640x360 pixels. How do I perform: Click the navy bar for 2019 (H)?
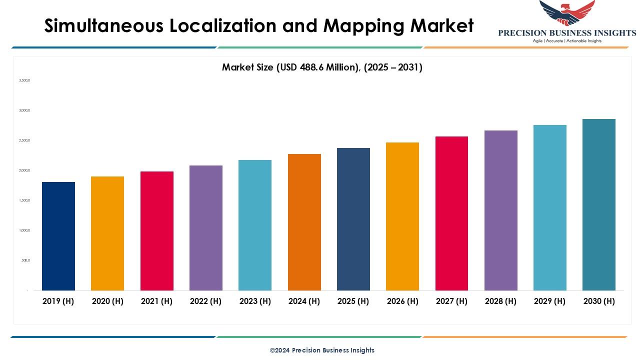pyautogui.click(x=58, y=236)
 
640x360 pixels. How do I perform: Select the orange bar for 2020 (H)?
pyautogui.click(x=107, y=233)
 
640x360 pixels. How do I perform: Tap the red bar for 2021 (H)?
pyautogui.click(x=157, y=230)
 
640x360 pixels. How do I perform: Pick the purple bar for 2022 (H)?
pyautogui.click(x=206, y=227)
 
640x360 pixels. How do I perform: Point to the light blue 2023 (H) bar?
pyautogui.click(x=255, y=225)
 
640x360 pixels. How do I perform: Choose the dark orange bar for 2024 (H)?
pyautogui.click(x=304, y=222)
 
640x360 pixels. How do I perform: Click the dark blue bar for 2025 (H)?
pyautogui.click(x=353, y=219)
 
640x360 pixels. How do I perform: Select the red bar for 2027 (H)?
pyautogui.click(x=452, y=213)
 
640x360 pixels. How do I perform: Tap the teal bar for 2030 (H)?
pyautogui.click(x=599, y=204)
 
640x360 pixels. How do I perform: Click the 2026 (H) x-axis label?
pyautogui.click(x=402, y=301)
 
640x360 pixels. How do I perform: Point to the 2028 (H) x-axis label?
pyautogui.click(x=501, y=301)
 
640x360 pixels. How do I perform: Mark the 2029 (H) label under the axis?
pyautogui.click(x=550, y=301)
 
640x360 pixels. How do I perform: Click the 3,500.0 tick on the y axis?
pyautogui.click(x=24, y=80)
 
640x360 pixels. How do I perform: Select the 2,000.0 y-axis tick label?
pyautogui.click(x=24, y=170)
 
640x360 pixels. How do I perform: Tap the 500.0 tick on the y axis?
pyautogui.click(x=25, y=260)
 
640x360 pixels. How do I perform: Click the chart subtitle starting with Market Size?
pyautogui.click(x=322, y=67)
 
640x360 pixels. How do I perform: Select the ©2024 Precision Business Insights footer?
pyautogui.click(x=322, y=350)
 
